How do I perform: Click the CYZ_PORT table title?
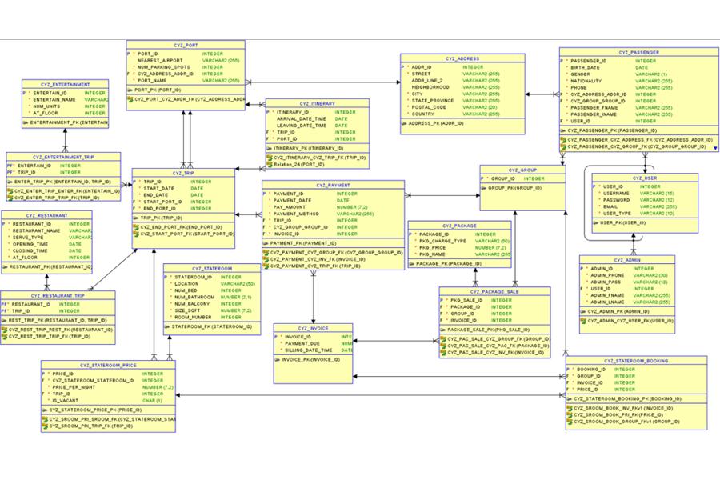[x=186, y=46]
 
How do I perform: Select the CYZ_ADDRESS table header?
[x=462, y=58]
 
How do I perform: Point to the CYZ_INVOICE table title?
[x=313, y=328]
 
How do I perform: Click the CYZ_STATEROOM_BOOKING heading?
[x=635, y=361]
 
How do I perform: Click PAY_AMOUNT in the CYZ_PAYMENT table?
[x=290, y=206]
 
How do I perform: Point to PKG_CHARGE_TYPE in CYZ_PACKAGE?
[x=442, y=241]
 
